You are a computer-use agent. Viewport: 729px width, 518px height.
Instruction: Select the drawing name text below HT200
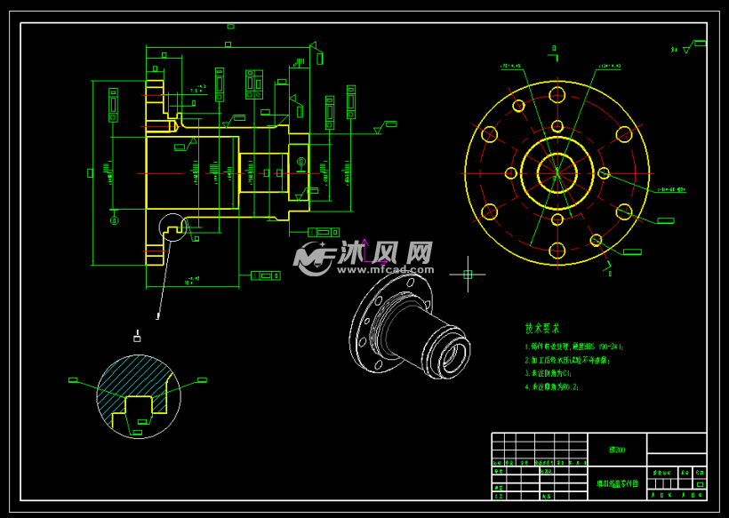click(616, 483)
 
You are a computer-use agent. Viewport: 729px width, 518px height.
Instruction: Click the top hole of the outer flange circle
click(557, 94)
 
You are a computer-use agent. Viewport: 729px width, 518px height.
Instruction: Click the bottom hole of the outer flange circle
click(557, 249)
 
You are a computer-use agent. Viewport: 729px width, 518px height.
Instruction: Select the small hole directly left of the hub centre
click(511, 173)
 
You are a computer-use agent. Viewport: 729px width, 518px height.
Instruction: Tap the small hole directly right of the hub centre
click(604, 173)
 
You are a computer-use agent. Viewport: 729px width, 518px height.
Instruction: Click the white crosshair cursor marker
click(468, 274)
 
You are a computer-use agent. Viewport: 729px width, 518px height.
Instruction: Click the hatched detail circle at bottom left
click(138, 396)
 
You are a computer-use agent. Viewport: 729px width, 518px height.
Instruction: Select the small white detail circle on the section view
click(173, 227)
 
